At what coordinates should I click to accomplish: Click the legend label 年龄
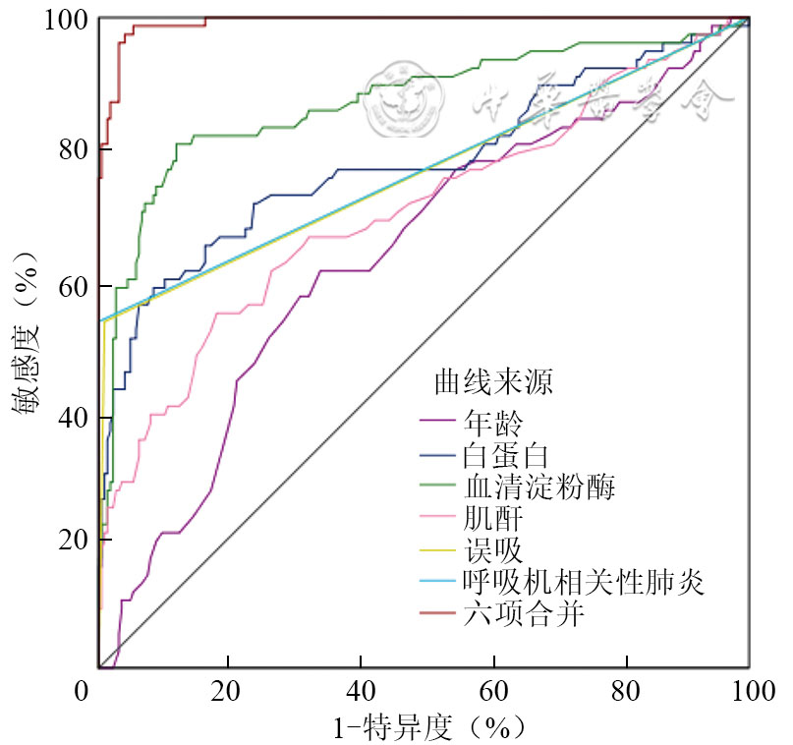[x=489, y=424]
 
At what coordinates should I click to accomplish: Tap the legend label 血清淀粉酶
[x=538, y=487]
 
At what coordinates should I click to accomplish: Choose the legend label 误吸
[x=489, y=551]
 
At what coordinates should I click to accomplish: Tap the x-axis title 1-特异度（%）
[x=425, y=727]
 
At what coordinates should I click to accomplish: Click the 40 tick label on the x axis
[x=363, y=691]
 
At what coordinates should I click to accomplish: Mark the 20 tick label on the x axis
[x=228, y=691]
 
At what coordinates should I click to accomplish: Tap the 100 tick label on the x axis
[x=749, y=691]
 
